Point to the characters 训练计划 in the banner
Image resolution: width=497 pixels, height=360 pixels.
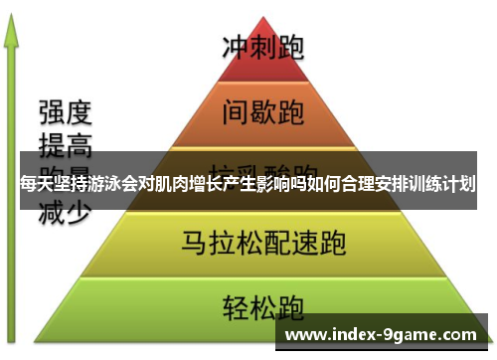tap(441, 184)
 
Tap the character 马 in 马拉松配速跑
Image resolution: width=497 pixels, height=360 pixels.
tap(194, 241)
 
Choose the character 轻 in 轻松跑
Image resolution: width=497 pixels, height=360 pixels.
tap(237, 302)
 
